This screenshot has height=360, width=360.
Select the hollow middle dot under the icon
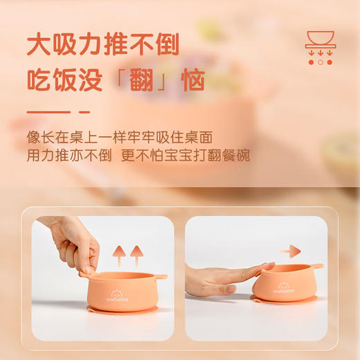[x=320, y=62]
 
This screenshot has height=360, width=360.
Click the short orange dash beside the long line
[x=84, y=111]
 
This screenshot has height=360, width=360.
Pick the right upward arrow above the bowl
[x=136, y=253]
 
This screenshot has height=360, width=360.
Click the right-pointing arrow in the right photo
[x=291, y=251]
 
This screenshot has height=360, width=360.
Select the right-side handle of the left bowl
[x=160, y=277]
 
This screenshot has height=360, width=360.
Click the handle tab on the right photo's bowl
[x=316, y=267]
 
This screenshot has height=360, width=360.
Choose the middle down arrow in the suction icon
[x=320, y=51]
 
